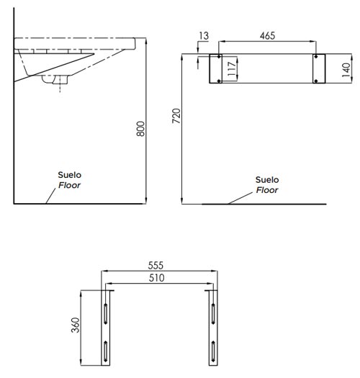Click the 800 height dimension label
(x=140, y=129)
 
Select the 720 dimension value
(x=176, y=116)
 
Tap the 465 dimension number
(x=267, y=36)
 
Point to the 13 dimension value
(x=204, y=36)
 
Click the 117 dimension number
(x=232, y=68)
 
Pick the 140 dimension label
(x=346, y=70)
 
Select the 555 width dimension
(x=156, y=266)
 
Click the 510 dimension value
(x=156, y=278)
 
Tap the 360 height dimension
(x=75, y=325)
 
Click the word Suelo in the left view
(x=69, y=175)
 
